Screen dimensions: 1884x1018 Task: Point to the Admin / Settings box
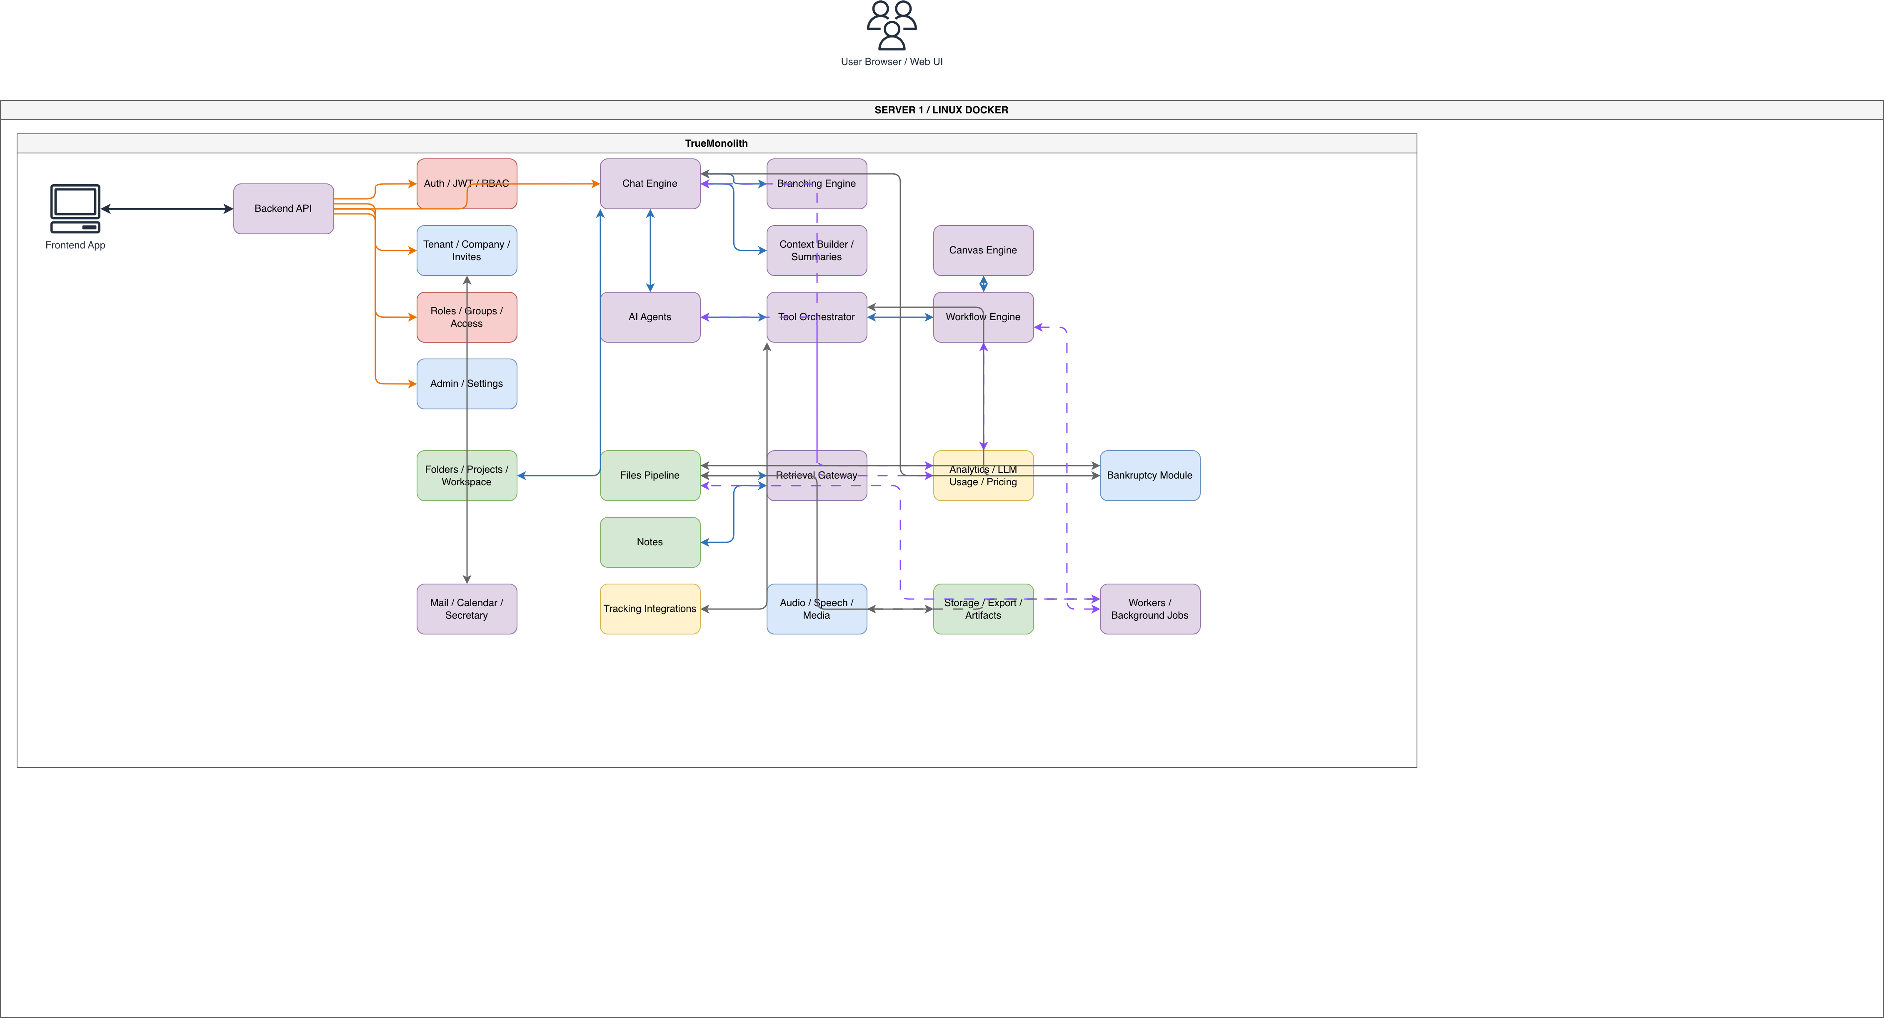(467, 384)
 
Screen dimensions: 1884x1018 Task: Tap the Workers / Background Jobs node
(1150, 609)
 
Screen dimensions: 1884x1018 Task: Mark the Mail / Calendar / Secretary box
(467, 609)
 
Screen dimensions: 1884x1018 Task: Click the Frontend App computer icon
(75, 208)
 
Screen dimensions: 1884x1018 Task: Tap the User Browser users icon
(892, 25)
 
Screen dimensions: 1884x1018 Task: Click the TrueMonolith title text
(717, 143)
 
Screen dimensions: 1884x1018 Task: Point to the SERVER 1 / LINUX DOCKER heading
(941, 110)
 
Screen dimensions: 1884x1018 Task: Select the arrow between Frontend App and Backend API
(167, 208)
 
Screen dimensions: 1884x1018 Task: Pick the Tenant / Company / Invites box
(467, 250)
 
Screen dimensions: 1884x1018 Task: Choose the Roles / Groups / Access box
(467, 317)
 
